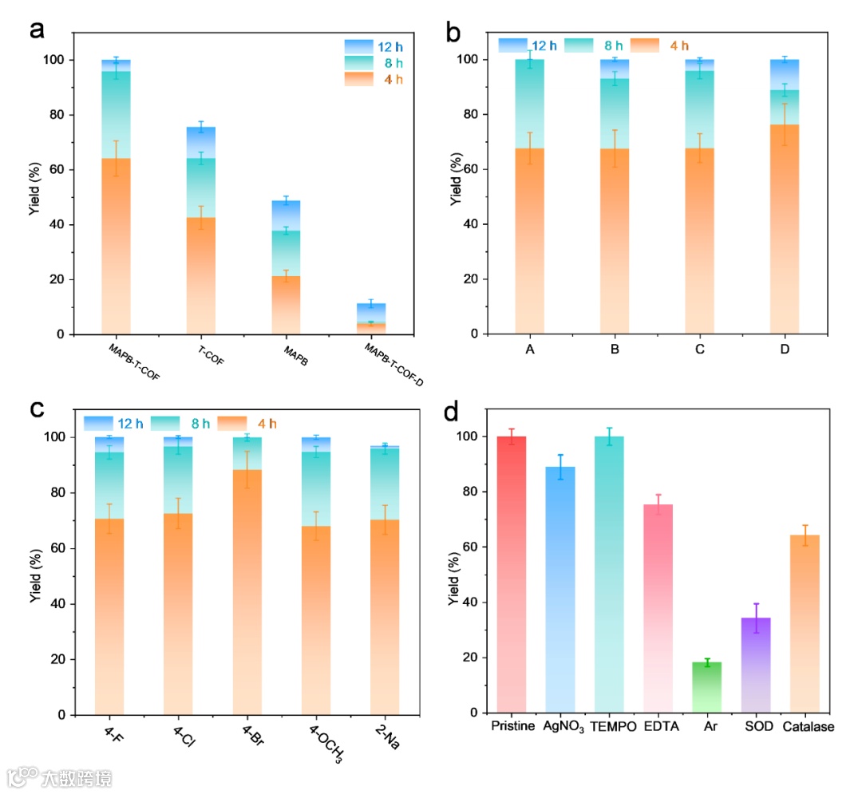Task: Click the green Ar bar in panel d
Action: (x=707, y=687)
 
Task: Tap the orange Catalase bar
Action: (x=805, y=623)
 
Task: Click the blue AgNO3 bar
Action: (x=560, y=590)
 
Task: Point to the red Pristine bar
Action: (x=512, y=575)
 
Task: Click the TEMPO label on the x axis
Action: (x=610, y=727)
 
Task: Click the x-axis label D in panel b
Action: (x=784, y=350)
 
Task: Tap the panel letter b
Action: (x=453, y=33)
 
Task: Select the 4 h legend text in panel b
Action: (x=679, y=45)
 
